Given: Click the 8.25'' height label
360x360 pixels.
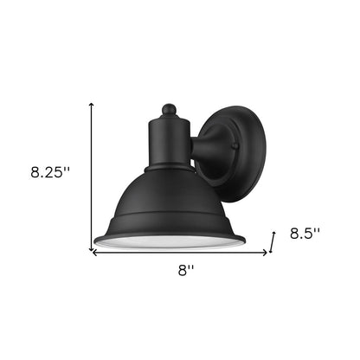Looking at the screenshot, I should (x=48, y=172).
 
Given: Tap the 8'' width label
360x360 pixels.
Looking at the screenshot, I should (x=185, y=271).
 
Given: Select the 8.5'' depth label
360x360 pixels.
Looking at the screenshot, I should (x=305, y=234).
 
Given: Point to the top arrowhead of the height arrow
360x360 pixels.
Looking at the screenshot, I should (x=92, y=103).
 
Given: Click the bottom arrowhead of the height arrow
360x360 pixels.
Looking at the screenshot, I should (x=92, y=246).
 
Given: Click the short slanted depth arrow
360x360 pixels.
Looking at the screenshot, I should (x=273, y=241).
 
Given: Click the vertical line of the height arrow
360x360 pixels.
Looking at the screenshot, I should (x=92, y=173).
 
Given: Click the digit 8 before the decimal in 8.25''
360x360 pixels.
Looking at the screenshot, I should (x=32, y=172).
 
